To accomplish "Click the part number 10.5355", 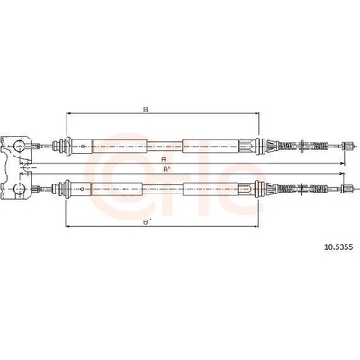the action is pos(338,247).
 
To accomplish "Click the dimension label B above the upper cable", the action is pos(146,110).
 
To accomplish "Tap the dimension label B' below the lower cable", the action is pos(147,222).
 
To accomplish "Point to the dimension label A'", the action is pos(166,169).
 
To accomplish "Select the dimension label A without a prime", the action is pos(164,159).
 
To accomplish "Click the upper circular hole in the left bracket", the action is pos(20,147).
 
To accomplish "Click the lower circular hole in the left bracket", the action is pos(20,189).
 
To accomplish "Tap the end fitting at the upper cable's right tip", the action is pos(346,147).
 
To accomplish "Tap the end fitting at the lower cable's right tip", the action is pos(346,189).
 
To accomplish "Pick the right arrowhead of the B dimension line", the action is pos(256,113).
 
